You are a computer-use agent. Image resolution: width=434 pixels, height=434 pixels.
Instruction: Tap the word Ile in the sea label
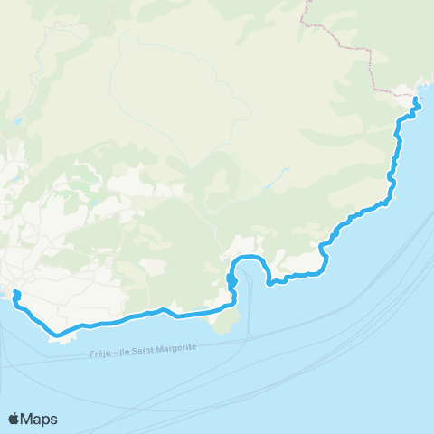pyautogui.click(x=123, y=353)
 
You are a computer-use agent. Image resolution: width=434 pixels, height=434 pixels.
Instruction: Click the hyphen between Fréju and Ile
pyautogui.click(x=115, y=353)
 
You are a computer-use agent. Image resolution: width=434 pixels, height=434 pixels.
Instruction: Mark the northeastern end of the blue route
pyautogui.click(x=415, y=101)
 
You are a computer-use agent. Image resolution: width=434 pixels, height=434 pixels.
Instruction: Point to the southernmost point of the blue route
pyautogui.click(x=60, y=335)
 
